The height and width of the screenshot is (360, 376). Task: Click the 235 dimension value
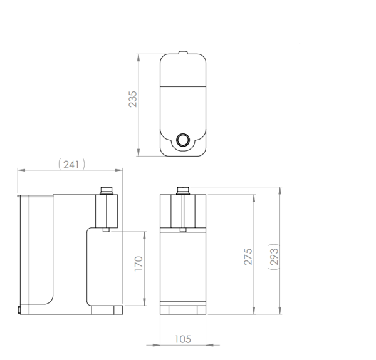(x=133, y=99)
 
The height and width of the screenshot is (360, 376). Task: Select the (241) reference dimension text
(x=71, y=163)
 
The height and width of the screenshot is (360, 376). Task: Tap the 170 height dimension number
(x=138, y=264)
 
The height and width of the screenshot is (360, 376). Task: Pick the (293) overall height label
(x=274, y=254)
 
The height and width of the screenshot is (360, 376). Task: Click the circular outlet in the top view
(x=183, y=140)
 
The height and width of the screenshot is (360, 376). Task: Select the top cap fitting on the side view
(x=107, y=190)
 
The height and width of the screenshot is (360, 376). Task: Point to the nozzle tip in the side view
(x=106, y=229)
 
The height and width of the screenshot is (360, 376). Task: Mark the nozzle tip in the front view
(x=183, y=229)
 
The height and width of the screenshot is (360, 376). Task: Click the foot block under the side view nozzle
(x=107, y=309)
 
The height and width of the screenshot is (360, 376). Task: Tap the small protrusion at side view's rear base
(x=19, y=309)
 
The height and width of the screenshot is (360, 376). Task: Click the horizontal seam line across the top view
(x=182, y=84)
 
